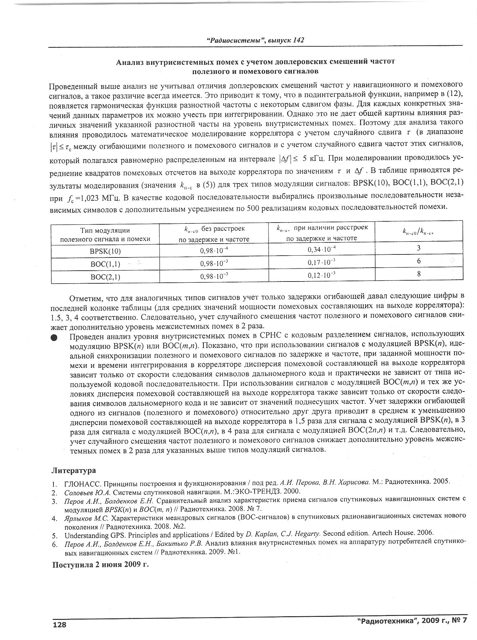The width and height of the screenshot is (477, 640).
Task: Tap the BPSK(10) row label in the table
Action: coord(105,251)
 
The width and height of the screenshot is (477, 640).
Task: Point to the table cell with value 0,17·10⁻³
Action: coord(322,262)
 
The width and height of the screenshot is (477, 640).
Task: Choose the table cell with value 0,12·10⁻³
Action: coord(322,275)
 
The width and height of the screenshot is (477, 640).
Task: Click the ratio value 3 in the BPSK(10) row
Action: coord(419,248)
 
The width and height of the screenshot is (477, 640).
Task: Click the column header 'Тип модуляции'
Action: coord(105,230)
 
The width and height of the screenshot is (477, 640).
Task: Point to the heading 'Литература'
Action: coord(74,470)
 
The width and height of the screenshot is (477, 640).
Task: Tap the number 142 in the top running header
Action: coord(298,40)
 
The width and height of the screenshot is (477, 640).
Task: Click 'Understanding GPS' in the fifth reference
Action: coord(91,535)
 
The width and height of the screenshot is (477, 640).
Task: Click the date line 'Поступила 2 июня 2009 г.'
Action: coord(101,565)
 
